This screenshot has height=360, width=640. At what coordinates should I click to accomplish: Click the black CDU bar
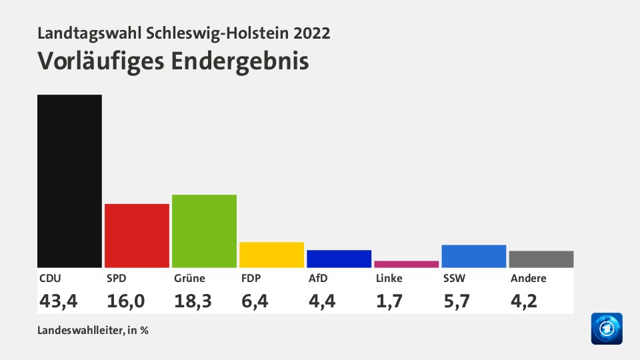pos(69,181)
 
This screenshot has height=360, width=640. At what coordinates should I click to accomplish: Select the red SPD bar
pos(137,235)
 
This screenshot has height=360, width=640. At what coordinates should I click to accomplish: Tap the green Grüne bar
pos(204,231)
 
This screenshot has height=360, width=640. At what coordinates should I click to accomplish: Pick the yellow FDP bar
pos(271,255)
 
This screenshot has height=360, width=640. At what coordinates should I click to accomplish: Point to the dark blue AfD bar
pos(339,259)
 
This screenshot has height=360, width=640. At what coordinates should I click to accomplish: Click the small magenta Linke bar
pos(406,264)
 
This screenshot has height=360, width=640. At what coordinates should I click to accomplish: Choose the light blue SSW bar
pos(473,256)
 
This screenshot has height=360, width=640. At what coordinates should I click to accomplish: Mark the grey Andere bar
pos(541,259)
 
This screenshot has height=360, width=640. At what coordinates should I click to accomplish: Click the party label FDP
pos(251,278)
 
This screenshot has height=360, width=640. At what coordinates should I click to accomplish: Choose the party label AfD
pos(317,278)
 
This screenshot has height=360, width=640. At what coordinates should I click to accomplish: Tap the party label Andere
pos(528,278)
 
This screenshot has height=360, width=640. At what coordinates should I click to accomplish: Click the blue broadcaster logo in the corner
pos(606,329)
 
